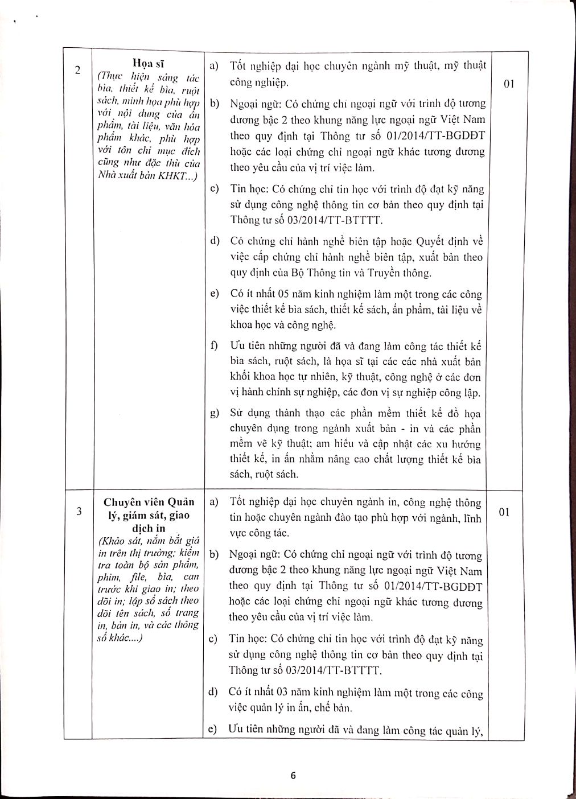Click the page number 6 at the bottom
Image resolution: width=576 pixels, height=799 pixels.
(294, 775)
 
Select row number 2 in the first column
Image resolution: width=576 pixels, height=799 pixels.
(78, 70)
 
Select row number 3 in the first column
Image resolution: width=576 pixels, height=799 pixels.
(78, 511)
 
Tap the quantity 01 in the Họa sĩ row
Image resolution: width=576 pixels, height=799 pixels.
(509, 84)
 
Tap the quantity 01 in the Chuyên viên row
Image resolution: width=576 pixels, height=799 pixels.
(504, 512)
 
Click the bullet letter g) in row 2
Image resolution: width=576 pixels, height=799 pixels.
(215, 413)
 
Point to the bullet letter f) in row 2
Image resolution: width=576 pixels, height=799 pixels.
(215, 346)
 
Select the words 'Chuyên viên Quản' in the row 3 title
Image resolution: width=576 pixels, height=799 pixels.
(149, 502)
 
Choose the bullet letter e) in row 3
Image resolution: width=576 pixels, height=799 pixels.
(214, 730)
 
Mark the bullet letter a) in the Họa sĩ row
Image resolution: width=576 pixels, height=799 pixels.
(214, 66)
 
